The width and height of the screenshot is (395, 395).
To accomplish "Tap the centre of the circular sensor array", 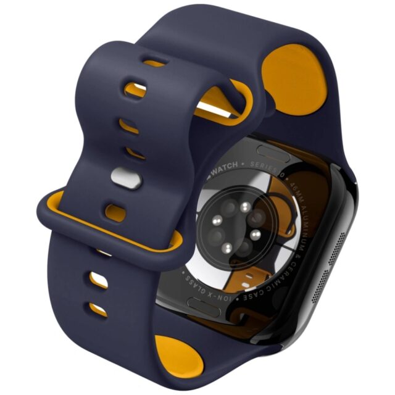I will [233, 228].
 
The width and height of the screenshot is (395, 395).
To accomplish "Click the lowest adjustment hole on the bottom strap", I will [98, 307].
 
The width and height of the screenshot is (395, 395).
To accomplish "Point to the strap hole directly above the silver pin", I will [130, 152].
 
